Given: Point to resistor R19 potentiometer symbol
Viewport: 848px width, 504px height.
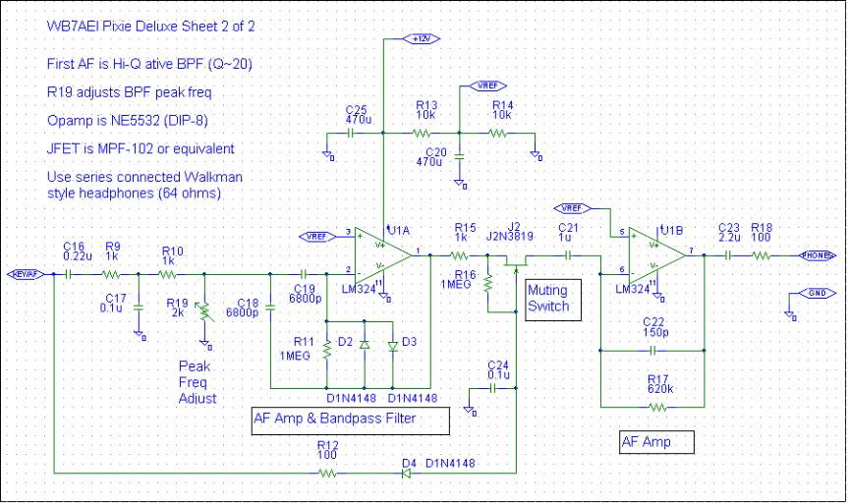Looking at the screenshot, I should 204,313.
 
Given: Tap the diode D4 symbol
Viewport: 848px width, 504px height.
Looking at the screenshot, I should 404,473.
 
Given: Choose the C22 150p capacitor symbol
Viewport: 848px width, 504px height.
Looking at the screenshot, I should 652,349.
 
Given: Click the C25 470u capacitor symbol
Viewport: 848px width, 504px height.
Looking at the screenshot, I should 355,133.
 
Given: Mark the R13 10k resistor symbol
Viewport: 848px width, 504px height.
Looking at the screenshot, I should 424,133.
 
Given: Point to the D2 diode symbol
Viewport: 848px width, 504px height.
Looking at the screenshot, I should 365,345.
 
